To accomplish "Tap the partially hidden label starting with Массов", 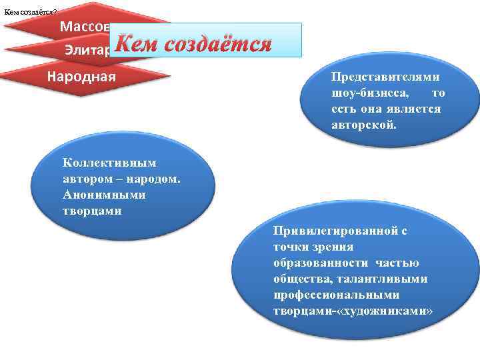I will [83, 27].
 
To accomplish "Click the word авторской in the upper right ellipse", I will [363, 124].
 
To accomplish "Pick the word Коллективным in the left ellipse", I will [101, 162].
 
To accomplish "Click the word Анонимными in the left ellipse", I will [95, 195].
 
